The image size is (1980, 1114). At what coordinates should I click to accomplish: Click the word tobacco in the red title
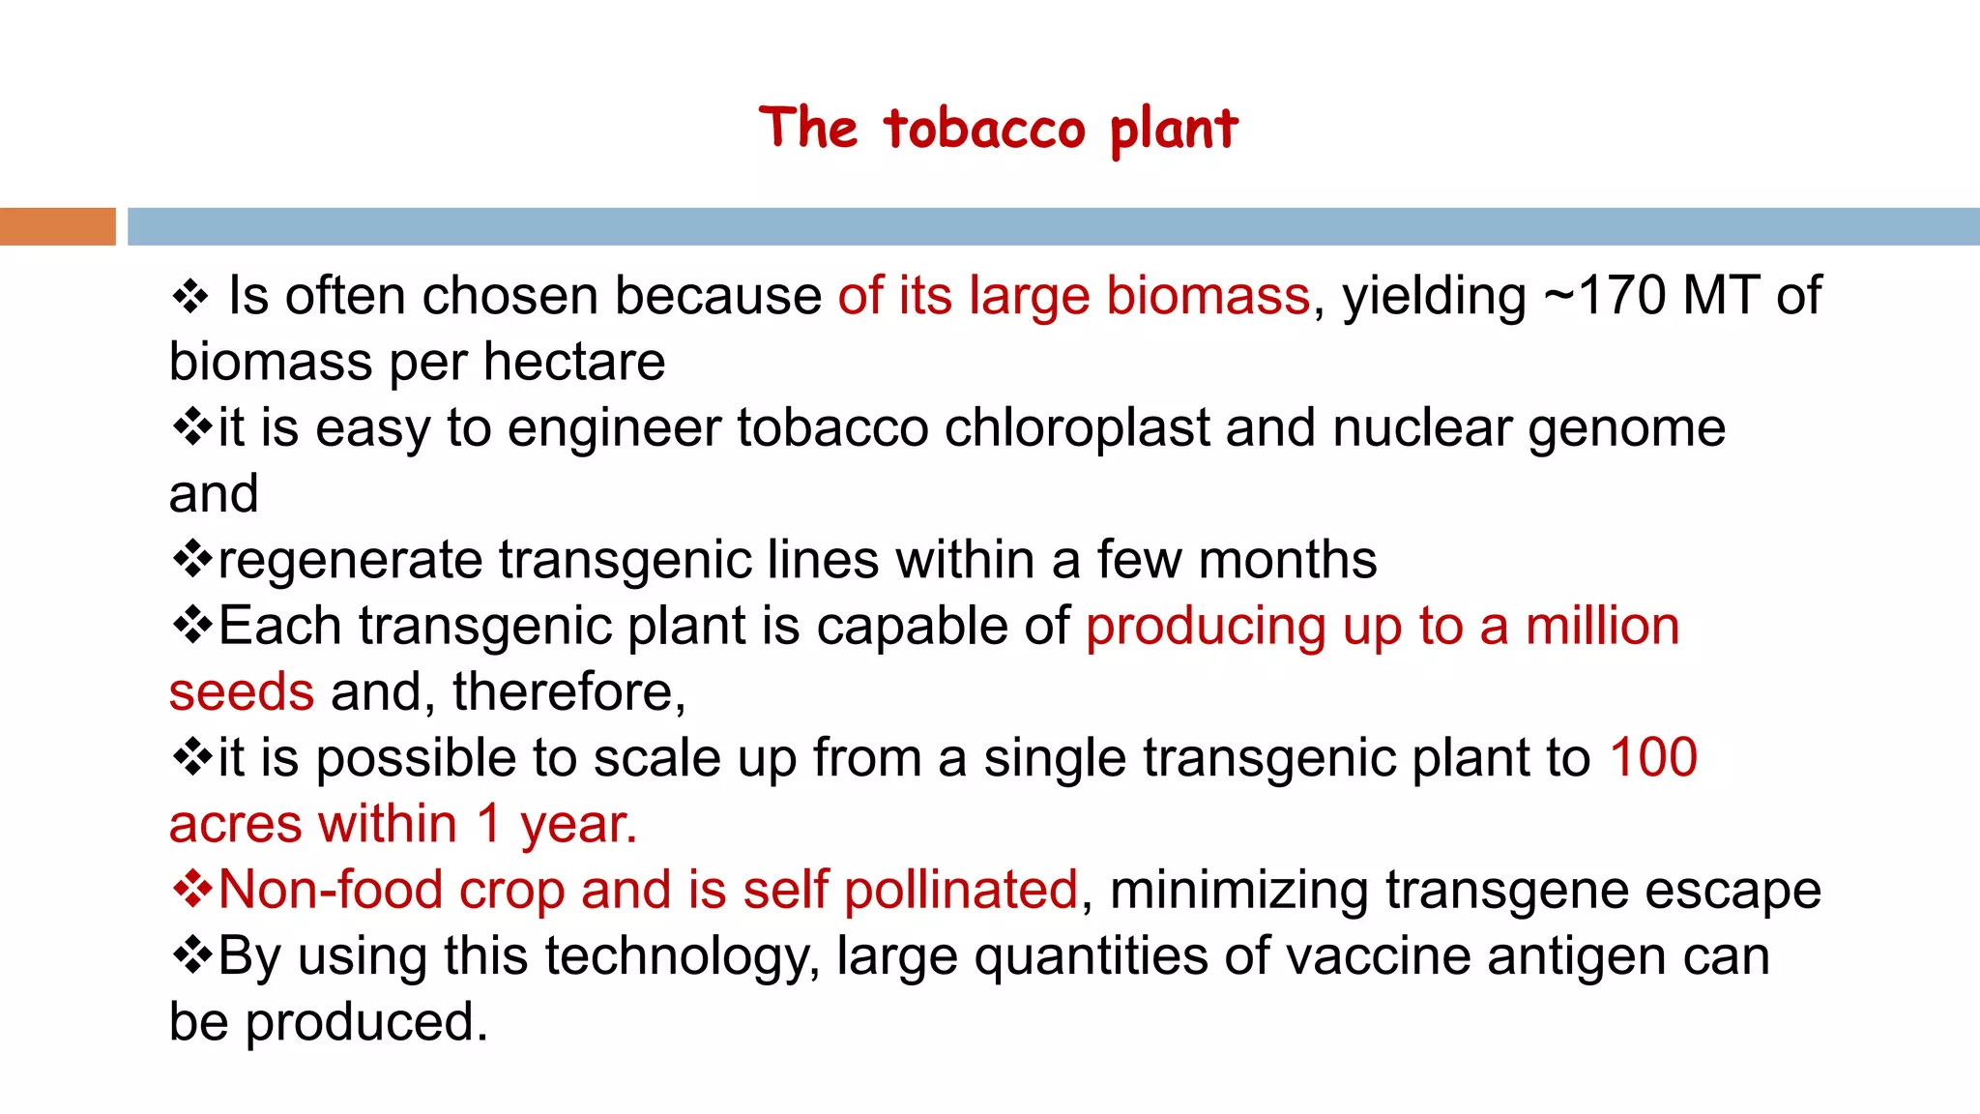(x=985, y=129)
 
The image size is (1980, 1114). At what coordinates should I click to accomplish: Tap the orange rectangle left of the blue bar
(x=57, y=226)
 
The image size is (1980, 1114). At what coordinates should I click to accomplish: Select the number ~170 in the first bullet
(x=1605, y=296)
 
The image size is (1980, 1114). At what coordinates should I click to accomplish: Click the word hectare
(x=574, y=363)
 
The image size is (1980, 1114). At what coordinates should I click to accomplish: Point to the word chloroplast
(x=1076, y=427)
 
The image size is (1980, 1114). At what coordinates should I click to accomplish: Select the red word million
(x=1602, y=626)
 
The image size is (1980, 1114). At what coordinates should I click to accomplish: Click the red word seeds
(x=242, y=692)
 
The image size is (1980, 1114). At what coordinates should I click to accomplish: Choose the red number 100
(x=1653, y=757)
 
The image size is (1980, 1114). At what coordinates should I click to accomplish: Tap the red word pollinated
(x=961, y=890)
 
